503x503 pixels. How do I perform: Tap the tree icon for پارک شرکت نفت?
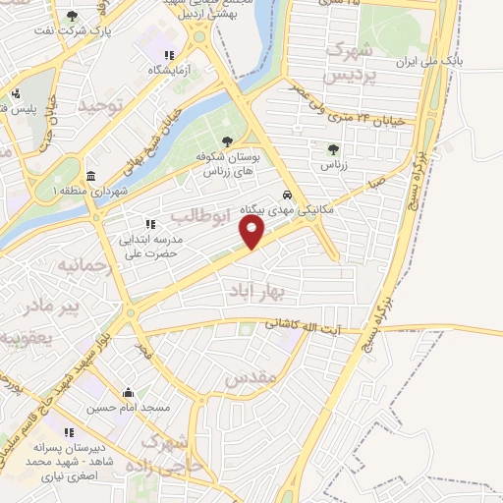pos(72,17)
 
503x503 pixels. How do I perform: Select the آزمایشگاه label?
pos(146,72)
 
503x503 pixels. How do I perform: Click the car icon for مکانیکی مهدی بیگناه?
pos(287,195)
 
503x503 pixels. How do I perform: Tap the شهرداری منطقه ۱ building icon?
pos(91,176)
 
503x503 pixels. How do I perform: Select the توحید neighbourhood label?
pos(101,104)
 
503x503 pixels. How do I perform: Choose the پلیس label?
pos(36,110)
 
